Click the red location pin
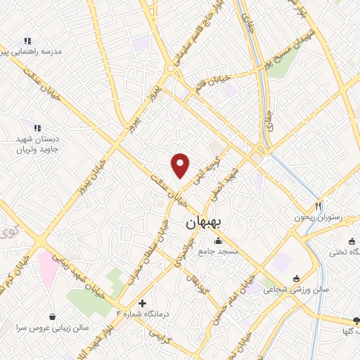pos(181,165)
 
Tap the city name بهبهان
pos(203,223)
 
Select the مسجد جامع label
pos(219,251)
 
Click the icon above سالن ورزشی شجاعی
pos(295,278)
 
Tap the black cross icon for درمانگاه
pos(143,304)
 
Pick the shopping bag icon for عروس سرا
pos(53,316)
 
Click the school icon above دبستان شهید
pos(37,127)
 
